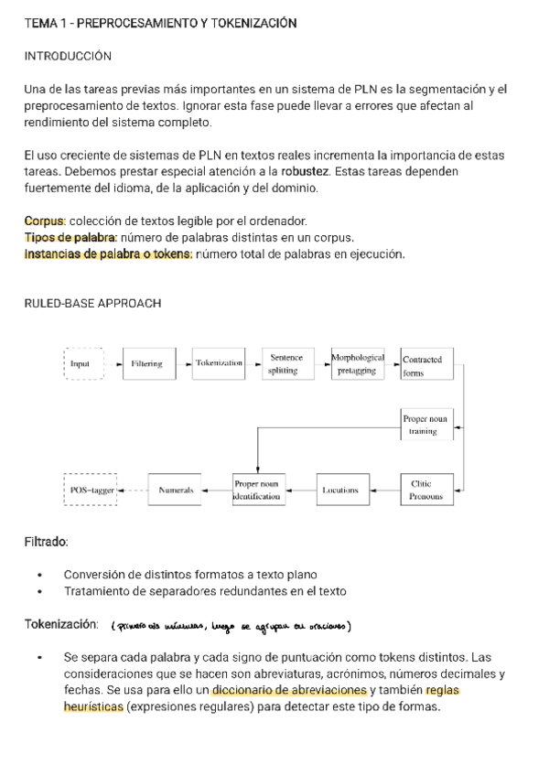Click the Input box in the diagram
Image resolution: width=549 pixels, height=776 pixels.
(x=83, y=363)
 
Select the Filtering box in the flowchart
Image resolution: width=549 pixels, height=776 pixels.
(x=146, y=363)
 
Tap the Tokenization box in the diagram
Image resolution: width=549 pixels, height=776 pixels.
(x=219, y=363)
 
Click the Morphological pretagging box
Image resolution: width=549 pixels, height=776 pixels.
(x=357, y=363)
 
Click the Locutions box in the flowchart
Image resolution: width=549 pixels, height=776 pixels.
(x=340, y=490)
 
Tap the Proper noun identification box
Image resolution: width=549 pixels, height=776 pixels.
(x=259, y=490)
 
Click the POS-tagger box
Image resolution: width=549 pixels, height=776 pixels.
(x=91, y=490)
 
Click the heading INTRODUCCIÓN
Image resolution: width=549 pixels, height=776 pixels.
(x=67, y=57)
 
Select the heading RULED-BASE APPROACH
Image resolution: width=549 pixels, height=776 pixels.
(x=92, y=304)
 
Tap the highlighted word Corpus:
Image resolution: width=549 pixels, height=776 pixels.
(x=44, y=221)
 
